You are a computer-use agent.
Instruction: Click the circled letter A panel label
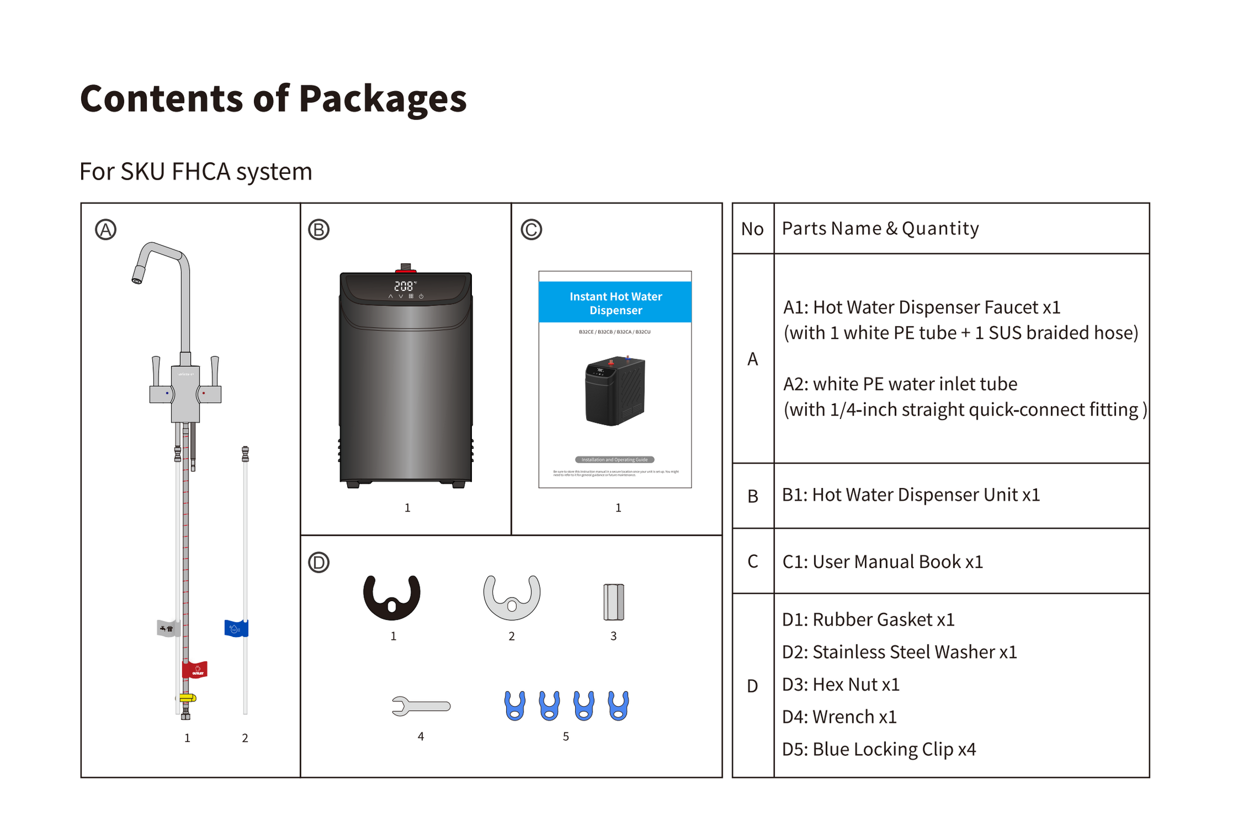105,230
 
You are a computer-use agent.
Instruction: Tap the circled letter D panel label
318,562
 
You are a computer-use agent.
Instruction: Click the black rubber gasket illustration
391,596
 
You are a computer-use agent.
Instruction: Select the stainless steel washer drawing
511,597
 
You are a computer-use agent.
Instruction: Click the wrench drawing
421,705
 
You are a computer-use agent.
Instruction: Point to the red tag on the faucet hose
194,669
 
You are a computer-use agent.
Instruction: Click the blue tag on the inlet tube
235,628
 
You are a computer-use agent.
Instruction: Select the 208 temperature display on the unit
405,286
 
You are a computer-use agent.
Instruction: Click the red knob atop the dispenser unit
405,268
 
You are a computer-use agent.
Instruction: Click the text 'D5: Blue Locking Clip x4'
879,748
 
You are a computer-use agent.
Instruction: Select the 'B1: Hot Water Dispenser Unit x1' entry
910,494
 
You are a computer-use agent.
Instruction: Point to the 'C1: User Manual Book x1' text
882,561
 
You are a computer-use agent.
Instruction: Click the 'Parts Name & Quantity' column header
880,228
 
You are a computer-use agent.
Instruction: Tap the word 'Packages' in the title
382,100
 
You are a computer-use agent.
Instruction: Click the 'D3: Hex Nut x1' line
841,683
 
